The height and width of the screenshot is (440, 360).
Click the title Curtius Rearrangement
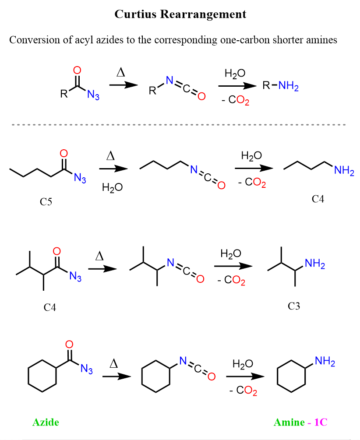(180, 14)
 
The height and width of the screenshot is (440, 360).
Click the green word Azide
(46, 422)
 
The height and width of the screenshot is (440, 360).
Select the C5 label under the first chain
(46, 202)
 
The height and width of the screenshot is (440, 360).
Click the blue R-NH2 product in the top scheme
(280, 86)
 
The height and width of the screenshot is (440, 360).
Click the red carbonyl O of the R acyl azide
(77, 70)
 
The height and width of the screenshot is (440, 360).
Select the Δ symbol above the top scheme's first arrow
(121, 73)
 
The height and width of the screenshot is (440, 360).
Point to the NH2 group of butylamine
(344, 171)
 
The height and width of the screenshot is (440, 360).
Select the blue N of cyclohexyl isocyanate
(183, 362)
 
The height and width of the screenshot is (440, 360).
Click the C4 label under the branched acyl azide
(50, 307)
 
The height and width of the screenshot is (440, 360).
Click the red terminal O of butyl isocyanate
(221, 186)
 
